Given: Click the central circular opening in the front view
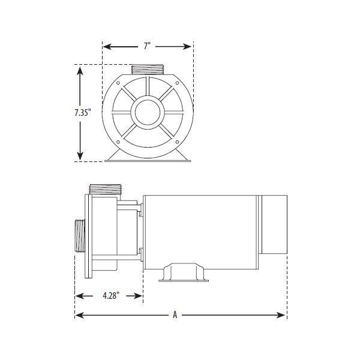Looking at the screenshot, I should click(148, 112).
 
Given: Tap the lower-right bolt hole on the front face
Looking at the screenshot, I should click(176, 142).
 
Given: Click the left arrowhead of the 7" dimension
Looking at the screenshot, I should click(105, 46).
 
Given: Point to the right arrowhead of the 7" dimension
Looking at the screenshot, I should click(190, 46).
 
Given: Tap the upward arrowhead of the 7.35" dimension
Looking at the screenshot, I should click(80, 69).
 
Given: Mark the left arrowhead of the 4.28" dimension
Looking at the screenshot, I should click(77, 296).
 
